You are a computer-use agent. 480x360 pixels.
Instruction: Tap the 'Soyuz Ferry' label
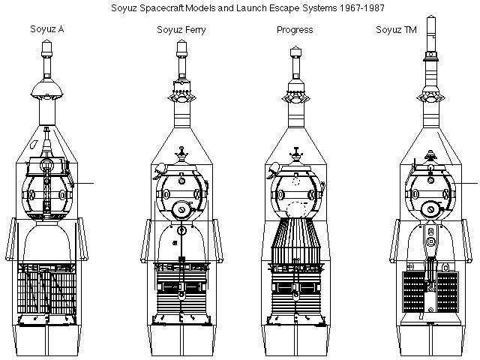click(180, 30)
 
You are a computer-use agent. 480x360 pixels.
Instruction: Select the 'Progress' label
click(295, 30)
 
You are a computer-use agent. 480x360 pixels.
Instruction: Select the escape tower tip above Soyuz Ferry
click(181, 45)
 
